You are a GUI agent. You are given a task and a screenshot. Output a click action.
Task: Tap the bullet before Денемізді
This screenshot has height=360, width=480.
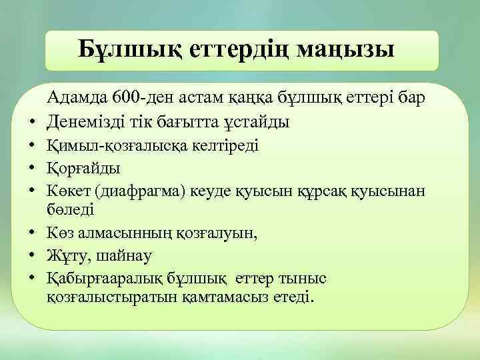tap(32, 123)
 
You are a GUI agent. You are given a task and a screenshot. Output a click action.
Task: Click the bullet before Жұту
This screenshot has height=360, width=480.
tap(32, 255)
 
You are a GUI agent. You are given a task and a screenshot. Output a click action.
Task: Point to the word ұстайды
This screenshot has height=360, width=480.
tap(257, 122)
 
